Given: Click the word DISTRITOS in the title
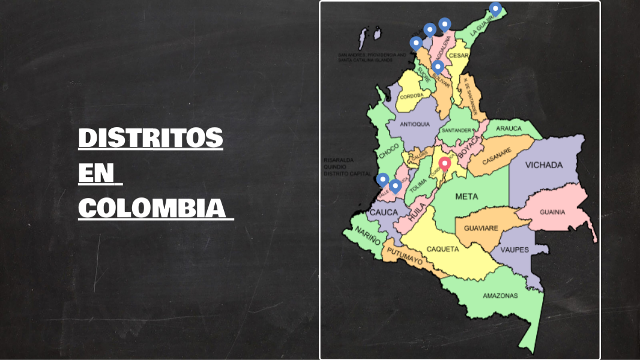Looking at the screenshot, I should point(151,138).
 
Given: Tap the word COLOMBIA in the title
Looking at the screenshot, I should point(155,208).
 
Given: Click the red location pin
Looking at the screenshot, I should point(445,163).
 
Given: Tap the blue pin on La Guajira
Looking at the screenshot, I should point(495,8).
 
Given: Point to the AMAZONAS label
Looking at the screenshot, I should point(500,295).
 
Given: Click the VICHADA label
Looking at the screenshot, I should point(544,165).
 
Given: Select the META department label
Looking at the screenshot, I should point(466,196).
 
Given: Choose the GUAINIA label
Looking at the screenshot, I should point(552,212).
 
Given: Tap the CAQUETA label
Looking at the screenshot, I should point(442,249).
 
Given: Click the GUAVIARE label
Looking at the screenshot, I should point(482,228).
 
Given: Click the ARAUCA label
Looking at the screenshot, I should point(509,128).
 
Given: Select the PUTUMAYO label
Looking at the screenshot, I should point(405,258).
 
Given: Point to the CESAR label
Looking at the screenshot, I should point(458,55).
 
